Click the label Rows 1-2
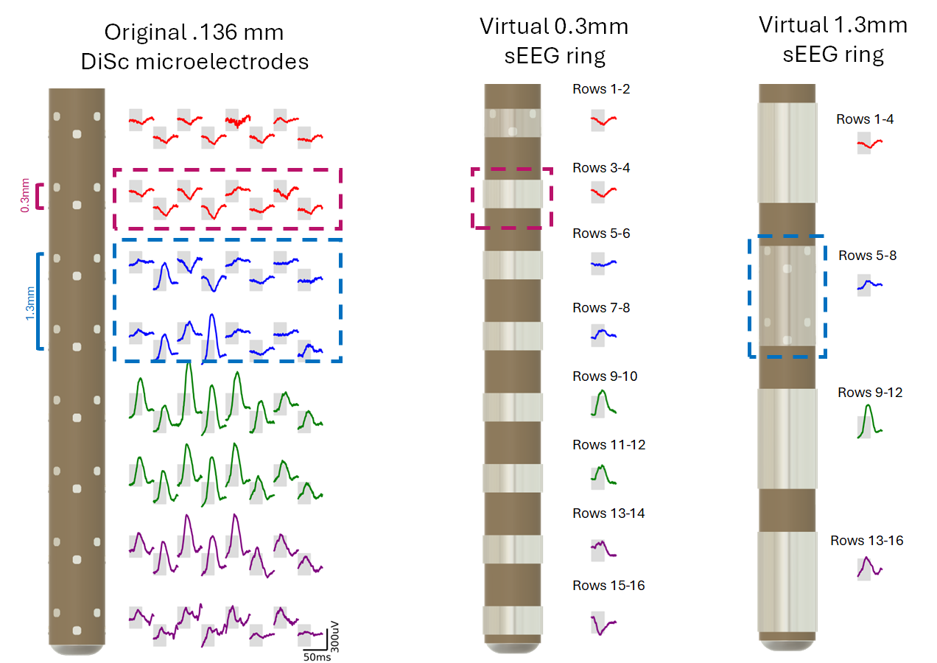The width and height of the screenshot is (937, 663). (x=601, y=89)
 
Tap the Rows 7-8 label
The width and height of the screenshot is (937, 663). (x=601, y=307)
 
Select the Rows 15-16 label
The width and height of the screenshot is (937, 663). (x=608, y=586)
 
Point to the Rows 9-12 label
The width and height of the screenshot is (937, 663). (x=870, y=393)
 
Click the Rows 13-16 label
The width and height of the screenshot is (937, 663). (x=867, y=541)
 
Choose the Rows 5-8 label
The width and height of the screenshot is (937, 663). (x=868, y=256)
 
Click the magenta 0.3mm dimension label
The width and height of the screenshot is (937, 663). (x=27, y=197)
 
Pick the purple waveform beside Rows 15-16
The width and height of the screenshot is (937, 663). (x=603, y=625)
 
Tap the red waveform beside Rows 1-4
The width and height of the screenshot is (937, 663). (x=869, y=145)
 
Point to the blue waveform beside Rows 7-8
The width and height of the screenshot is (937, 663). (x=603, y=334)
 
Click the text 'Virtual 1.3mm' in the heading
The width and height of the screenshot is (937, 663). (x=833, y=25)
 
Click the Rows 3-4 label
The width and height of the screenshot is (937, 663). (x=601, y=168)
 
